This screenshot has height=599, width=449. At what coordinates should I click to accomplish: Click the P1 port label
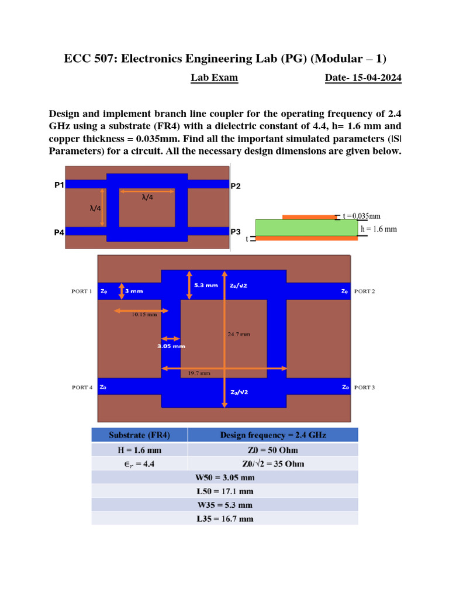58,185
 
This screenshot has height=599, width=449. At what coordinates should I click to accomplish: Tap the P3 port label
236,232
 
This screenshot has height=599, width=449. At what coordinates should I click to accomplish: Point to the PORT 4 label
82,387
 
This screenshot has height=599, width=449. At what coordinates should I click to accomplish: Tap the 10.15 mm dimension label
144,314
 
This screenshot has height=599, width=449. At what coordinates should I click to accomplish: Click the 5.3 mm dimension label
206,285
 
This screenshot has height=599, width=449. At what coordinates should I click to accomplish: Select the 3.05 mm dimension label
171,346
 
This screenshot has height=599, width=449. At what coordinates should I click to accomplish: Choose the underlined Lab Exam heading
214,78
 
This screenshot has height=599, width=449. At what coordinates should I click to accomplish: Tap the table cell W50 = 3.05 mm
224,477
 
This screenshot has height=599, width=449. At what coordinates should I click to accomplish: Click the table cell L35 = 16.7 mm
224,518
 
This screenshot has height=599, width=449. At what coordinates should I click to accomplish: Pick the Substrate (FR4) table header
139,435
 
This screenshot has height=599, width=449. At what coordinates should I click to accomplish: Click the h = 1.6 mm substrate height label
378,229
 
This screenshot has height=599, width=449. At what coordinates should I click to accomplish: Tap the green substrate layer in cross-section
306,228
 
